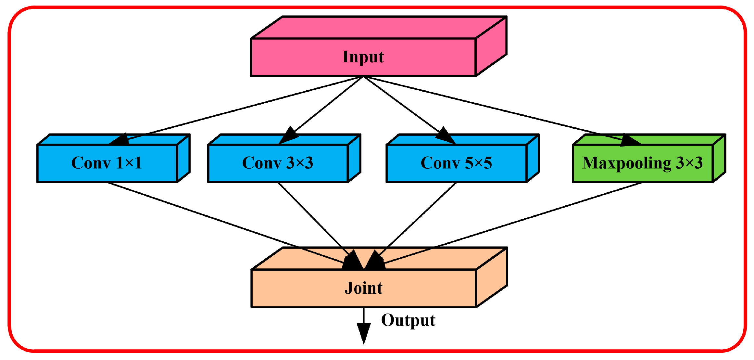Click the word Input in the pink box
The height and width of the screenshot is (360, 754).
tap(363, 57)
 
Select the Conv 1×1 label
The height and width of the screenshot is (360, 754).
tap(107, 163)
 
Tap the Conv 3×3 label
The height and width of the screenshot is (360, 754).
tap(278, 163)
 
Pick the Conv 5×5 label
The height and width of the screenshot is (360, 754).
tap(456, 163)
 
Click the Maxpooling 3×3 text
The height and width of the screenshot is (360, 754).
tap(642, 163)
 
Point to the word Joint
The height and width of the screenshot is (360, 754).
tap(363, 288)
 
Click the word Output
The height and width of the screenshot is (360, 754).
tap(408, 320)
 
